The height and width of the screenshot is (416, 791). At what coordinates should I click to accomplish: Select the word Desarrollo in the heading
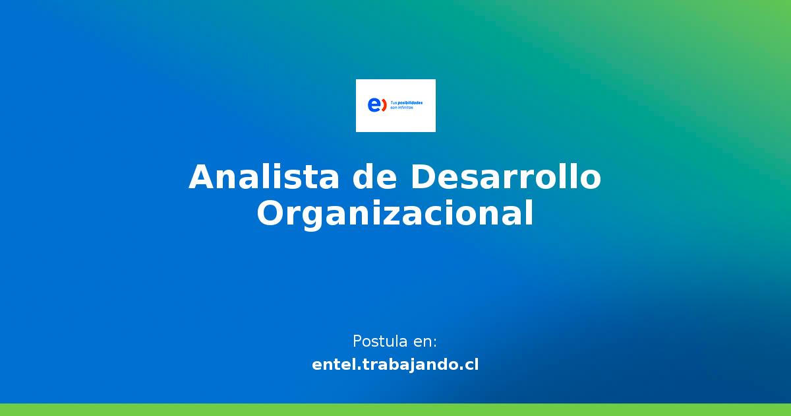506,178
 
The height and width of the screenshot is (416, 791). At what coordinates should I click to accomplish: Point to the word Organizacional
395,214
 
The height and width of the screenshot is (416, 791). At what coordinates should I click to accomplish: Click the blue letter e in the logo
373,105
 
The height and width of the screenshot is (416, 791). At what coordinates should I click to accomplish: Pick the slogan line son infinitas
401,107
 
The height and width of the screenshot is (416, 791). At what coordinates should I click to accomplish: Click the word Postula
380,341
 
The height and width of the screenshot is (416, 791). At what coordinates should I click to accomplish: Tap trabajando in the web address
412,364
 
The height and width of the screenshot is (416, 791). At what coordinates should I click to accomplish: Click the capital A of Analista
202,178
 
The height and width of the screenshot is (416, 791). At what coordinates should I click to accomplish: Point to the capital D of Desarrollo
423,178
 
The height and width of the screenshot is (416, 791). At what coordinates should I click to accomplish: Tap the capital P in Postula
357,341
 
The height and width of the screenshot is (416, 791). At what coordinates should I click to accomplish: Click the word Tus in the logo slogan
394,103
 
